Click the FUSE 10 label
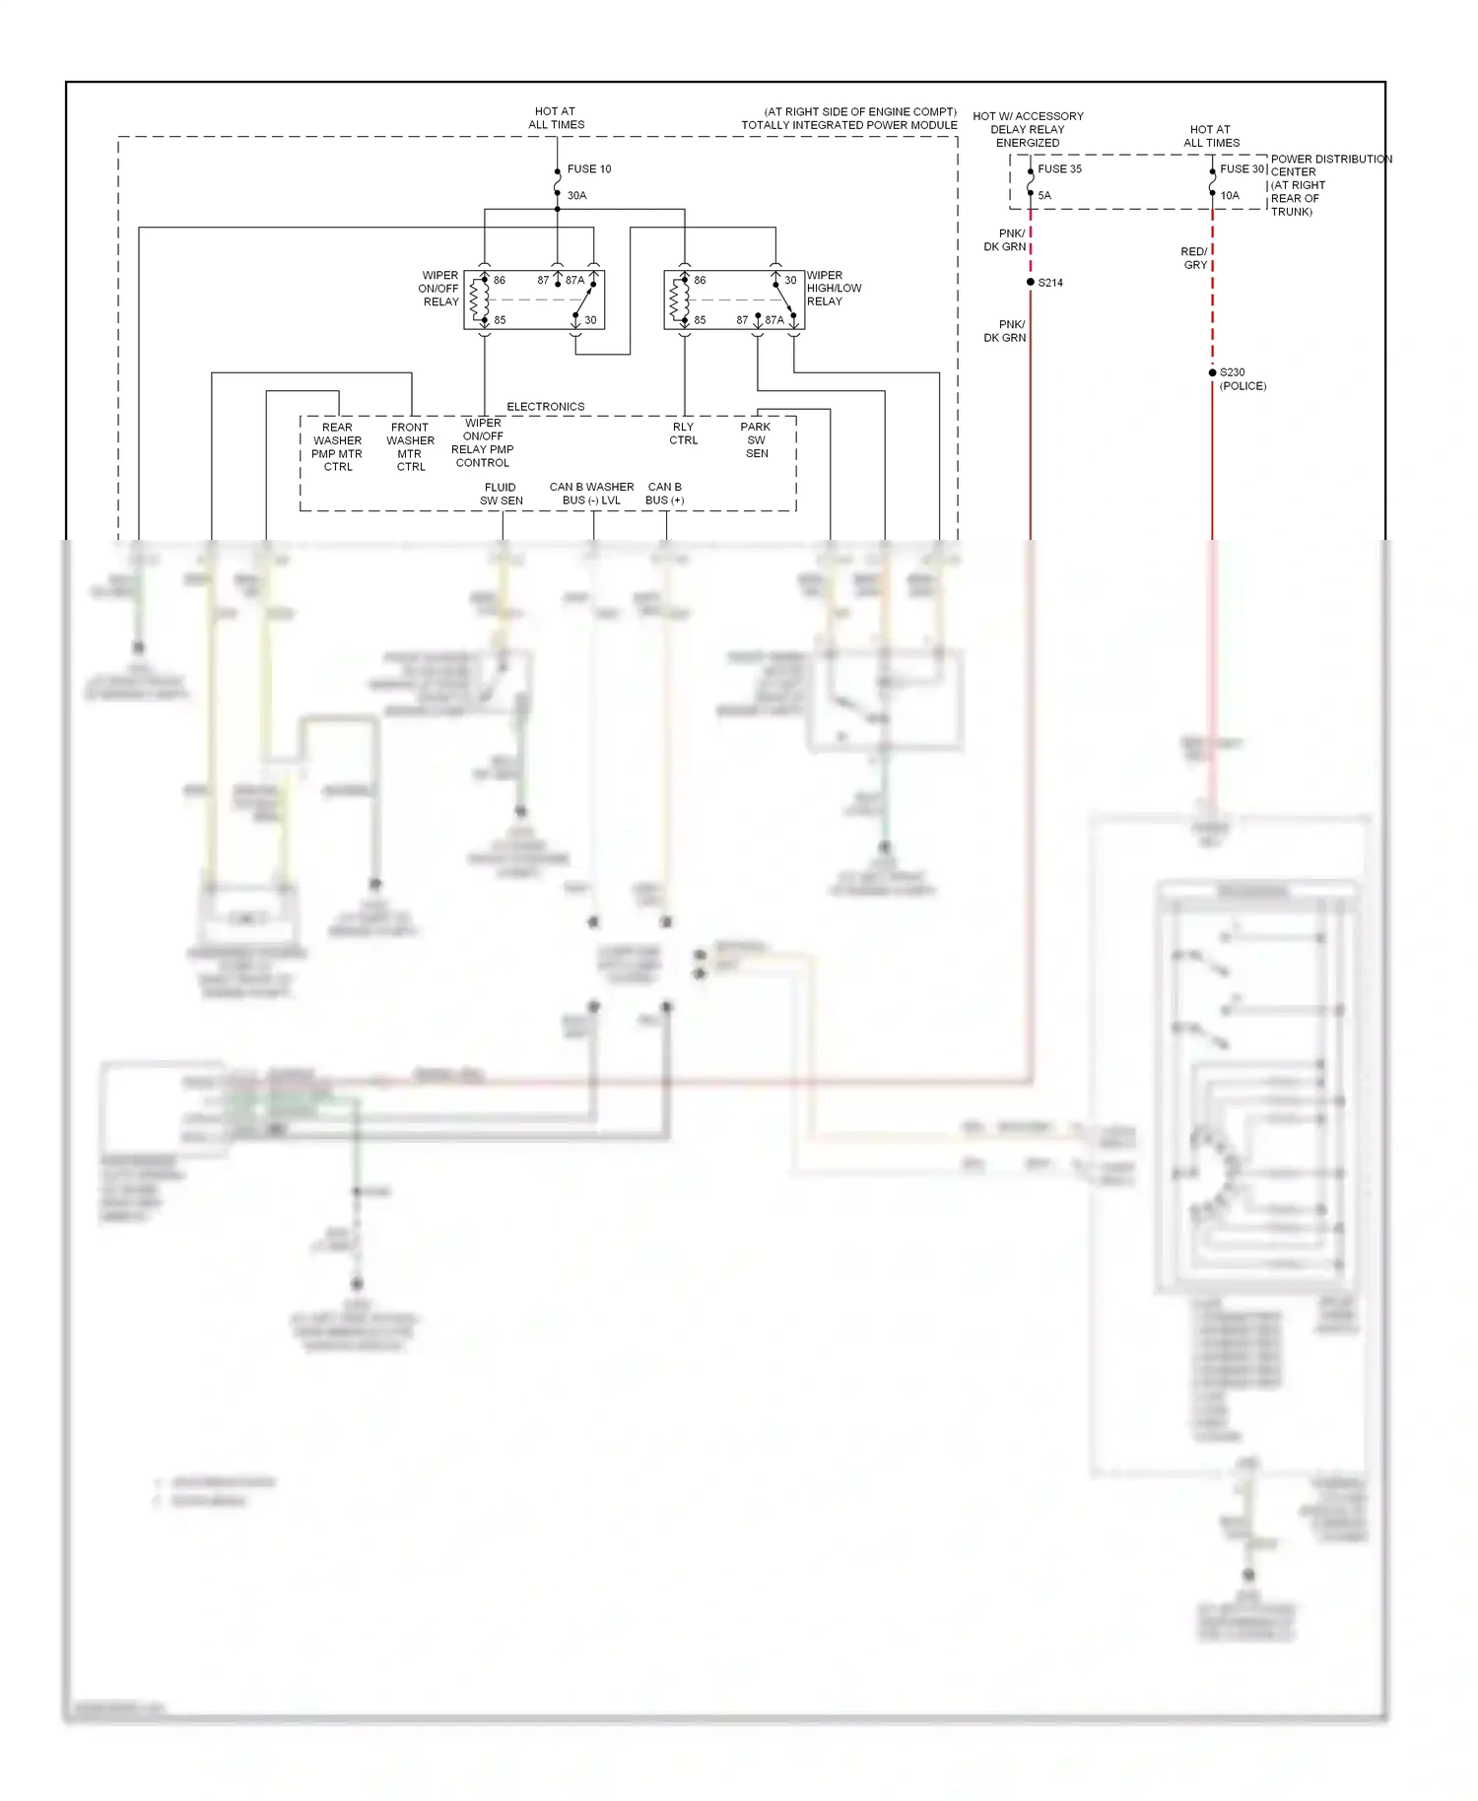pyautogui.click(x=588, y=168)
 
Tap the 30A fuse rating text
pyautogui.click(x=576, y=195)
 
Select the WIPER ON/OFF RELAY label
pyautogui.click(x=439, y=289)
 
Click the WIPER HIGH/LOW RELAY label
pyautogui.click(x=834, y=289)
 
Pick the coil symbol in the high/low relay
pyautogui.click(x=677, y=300)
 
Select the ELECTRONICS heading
pyautogui.click(x=545, y=406)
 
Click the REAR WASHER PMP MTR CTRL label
pyautogui.click(x=337, y=447)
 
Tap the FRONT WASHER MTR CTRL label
pyautogui.click(x=410, y=447)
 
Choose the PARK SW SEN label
pyautogui.click(x=756, y=440)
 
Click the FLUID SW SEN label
pyautogui.click(x=501, y=494)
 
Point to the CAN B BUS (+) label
pyautogui.click(x=664, y=494)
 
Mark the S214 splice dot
pyautogui.click(x=1031, y=282)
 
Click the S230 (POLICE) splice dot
pyautogui.click(x=1212, y=372)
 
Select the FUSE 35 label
pyautogui.click(x=1059, y=168)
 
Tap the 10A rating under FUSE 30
pyautogui.click(x=1230, y=195)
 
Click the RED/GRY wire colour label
pyautogui.click(x=1194, y=258)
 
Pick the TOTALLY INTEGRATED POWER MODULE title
pyautogui.click(x=848, y=125)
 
